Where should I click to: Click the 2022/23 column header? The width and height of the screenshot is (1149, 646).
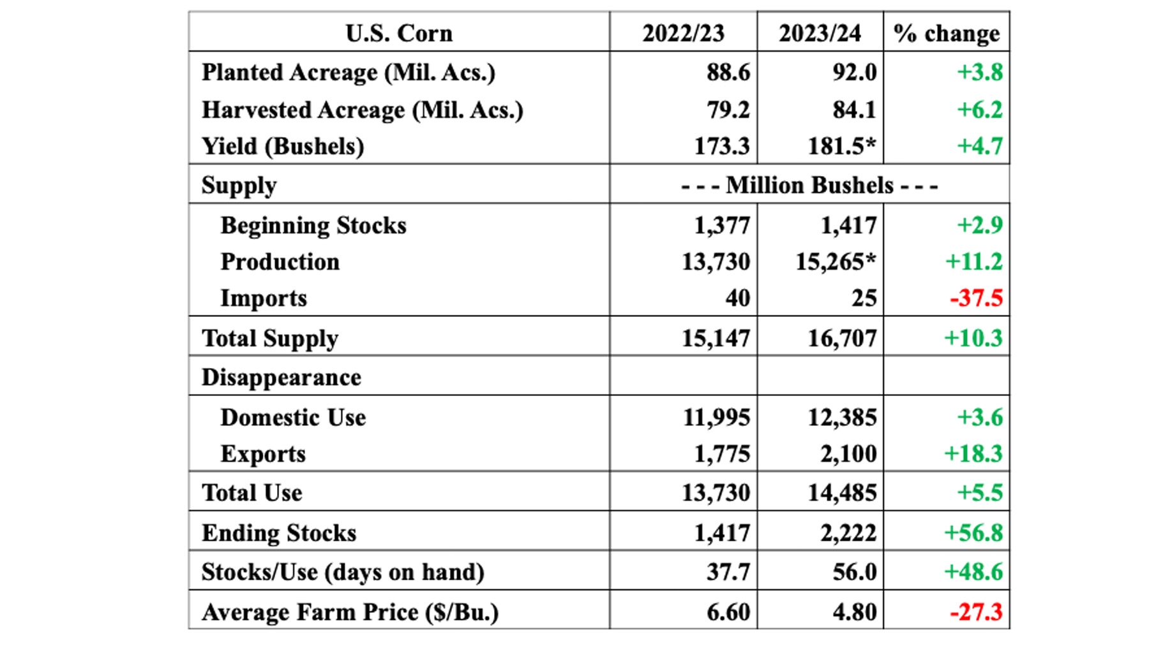point(683,33)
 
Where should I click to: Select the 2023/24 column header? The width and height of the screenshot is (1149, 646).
point(820,33)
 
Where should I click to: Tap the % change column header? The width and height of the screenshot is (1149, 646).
point(946,33)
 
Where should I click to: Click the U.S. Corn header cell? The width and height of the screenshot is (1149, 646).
point(399,33)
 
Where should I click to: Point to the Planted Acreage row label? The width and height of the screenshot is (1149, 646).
point(348,73)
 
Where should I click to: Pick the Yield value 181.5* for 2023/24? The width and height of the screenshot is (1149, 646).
point(842,146)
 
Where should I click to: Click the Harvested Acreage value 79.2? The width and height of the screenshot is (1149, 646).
point(728,110)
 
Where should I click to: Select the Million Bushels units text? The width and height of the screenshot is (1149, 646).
point(809,186)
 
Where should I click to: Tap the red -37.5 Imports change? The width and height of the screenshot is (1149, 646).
point(976,298)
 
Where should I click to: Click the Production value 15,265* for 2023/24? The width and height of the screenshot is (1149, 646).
point(836,261)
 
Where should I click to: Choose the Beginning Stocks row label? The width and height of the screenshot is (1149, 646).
point(313,225)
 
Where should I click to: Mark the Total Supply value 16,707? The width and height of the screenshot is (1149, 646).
point(842,338)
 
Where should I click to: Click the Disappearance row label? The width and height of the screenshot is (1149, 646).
point(281,378)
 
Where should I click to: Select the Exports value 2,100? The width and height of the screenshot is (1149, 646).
point(848,453)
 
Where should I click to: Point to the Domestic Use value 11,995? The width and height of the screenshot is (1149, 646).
point(716,417)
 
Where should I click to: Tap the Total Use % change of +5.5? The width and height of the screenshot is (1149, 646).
point(979,492)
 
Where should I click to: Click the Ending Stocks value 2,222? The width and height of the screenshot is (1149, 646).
point(848,532)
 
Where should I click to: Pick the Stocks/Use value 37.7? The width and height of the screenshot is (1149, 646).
point(728,572)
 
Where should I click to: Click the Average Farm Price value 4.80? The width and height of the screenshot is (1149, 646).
point(854,612)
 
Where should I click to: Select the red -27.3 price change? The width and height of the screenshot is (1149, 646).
point(976,612)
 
